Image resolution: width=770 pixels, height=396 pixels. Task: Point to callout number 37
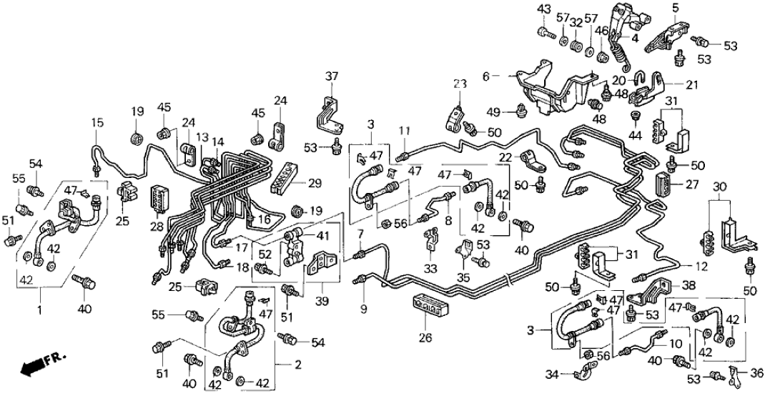[332, 76]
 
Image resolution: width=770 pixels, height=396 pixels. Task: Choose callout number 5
[674, 9]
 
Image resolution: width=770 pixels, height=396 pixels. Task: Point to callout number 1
[40, 311]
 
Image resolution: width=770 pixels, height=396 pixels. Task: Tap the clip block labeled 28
[159, 199]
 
